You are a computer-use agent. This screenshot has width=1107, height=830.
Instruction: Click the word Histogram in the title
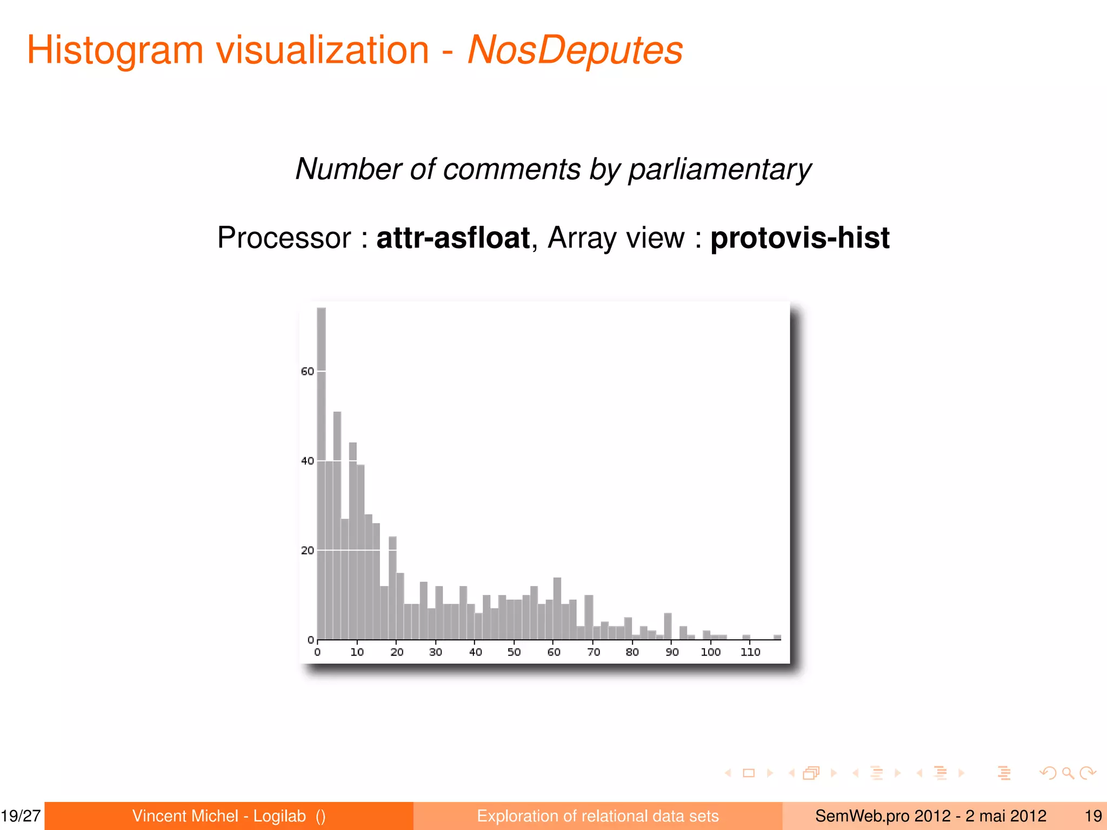coord(115,50)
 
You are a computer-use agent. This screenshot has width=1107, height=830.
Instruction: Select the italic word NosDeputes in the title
coord(575,50)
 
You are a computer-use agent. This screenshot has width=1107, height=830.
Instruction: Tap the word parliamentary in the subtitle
coord(719,169)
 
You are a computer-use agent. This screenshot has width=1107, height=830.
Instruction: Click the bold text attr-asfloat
coord(453,238)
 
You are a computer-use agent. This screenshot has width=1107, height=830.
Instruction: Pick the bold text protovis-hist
coord(799,238)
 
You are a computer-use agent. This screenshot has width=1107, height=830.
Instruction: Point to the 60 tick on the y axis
coord(307,371)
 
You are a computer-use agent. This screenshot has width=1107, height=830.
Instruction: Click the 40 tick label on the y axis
coord(307,461)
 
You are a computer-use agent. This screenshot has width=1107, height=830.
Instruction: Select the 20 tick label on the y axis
coord(307,551)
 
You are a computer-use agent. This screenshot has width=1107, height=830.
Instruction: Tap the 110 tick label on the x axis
coord(750,652)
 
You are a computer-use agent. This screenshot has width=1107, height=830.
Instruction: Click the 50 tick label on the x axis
coord(514,652)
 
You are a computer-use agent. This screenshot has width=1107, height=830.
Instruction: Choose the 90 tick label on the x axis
coord(672,652)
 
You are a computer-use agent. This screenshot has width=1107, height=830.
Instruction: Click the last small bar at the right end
coord(777,638)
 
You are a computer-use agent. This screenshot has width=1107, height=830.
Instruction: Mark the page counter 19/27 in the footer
coord(21,816)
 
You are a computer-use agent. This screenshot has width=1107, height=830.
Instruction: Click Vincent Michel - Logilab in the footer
coord(219,816)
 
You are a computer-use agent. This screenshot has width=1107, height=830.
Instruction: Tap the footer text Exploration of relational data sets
coord(598,816)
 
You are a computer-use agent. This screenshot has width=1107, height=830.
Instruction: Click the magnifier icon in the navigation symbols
coord(1068,773)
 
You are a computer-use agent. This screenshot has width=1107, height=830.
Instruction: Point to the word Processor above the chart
coord(284,238)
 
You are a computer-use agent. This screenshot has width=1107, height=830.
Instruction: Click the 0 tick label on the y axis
coord(310,640)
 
